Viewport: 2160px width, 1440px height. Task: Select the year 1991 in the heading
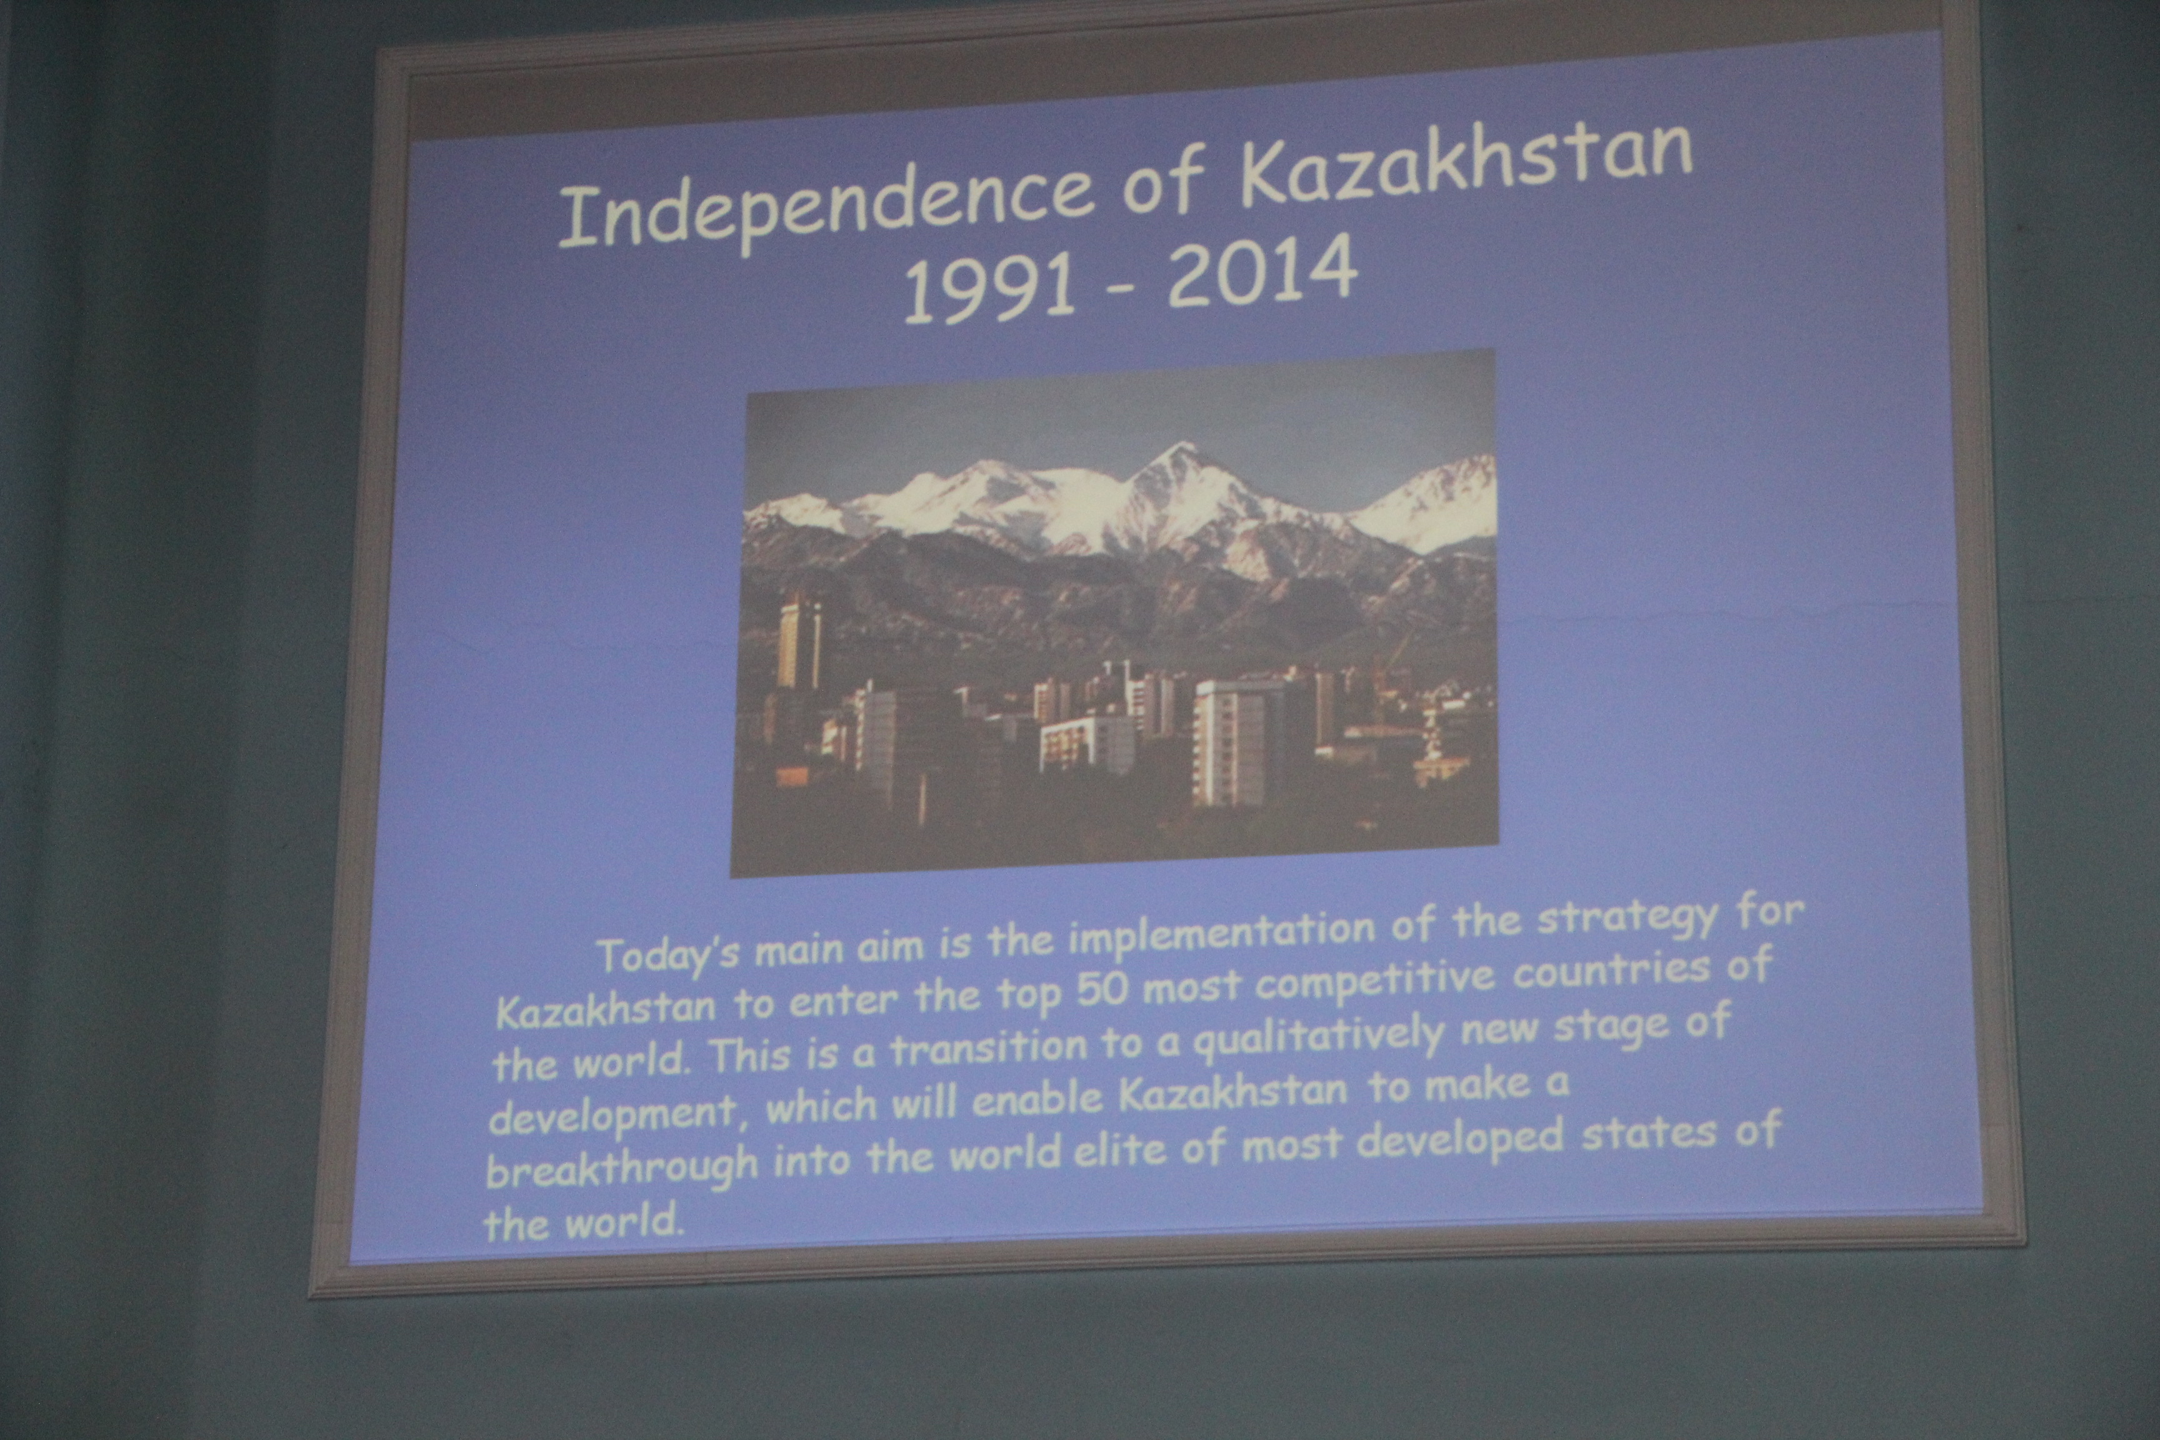click(988, 291)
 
